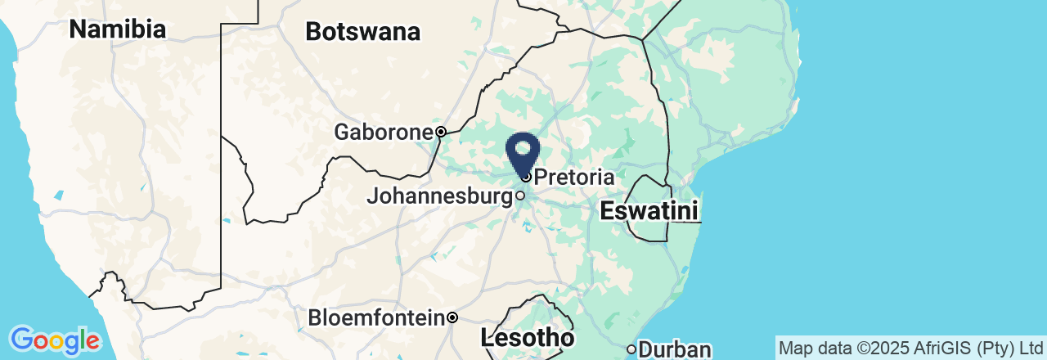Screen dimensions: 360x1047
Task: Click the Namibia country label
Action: (x=118, y=29)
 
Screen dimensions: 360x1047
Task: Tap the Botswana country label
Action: (x=362, y=32)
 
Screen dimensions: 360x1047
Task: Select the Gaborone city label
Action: (x=383, y=132)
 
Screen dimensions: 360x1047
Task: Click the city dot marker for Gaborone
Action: (x=440, y=132)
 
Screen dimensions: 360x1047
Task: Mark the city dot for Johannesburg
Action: (x=519, y=196)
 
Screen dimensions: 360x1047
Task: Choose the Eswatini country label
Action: (x=649, y=211)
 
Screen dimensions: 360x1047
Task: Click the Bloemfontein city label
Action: (x=376, y=317)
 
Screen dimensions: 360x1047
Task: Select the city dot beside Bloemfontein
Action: (x=452, y=317)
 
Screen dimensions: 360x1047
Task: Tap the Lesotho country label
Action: (x=527, y=337)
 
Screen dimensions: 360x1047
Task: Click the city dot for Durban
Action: (x=631, y=349)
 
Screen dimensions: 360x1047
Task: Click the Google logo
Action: (x=55, y=339)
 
